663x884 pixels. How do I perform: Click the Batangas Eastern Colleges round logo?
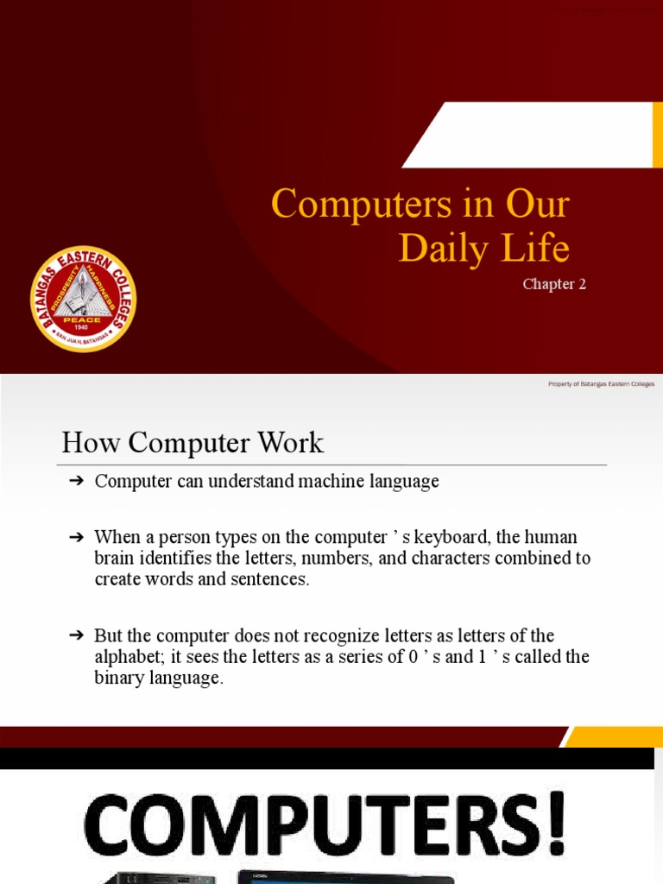tap(83, 299)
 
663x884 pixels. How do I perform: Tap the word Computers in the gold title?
tap(351, 205)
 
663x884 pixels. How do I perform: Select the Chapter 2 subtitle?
tap(554, 284)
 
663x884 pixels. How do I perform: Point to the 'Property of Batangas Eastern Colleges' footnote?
tap(601, 384)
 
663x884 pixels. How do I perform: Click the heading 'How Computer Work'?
tap(193, 443)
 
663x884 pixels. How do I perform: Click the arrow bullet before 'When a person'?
tap(75, 537)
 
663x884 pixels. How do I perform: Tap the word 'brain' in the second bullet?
tap(116, 558)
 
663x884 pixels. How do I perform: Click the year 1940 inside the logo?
tap(84, 328)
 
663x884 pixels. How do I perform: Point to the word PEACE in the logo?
tap(84, 319)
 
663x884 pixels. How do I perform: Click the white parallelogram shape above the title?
tap(531, 135)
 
